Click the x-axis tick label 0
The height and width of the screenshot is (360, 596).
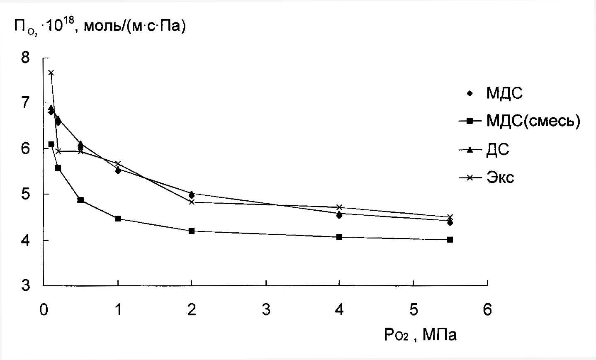click(43, 310)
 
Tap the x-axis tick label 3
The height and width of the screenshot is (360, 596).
click(265, 310)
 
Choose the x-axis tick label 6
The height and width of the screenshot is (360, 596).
click(487, 310)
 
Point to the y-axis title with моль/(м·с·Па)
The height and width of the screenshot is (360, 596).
click(100, 27)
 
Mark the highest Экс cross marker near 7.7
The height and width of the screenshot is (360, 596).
click(51, 73)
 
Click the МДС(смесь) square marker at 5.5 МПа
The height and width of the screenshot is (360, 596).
click(450, 240)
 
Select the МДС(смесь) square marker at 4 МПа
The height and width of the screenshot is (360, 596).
click(339, 237)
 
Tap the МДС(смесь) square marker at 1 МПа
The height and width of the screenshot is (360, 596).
click(118, 219)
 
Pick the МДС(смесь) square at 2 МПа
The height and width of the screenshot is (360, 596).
click(192, 231)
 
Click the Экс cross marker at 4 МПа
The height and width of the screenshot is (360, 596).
click(339, 207)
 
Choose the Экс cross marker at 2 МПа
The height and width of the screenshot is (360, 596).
click(192, 202)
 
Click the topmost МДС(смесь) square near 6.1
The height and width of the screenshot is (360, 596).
click(51, 144)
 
